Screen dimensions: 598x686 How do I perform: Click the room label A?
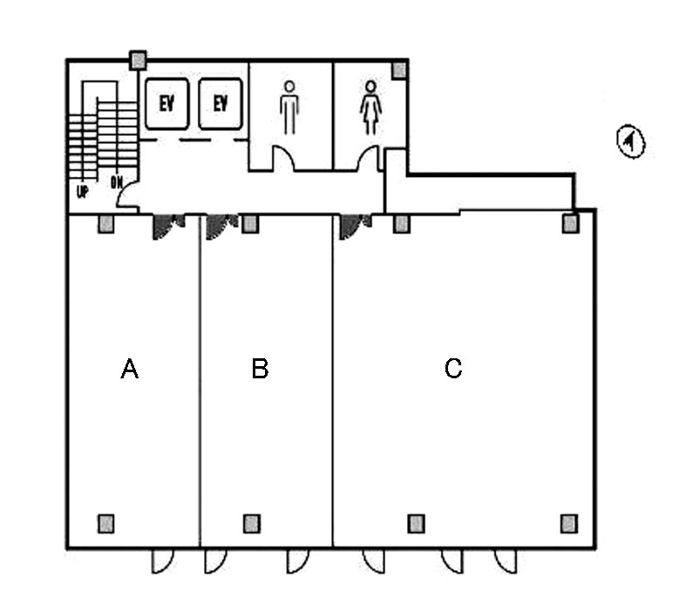[129, 370]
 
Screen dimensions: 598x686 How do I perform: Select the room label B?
[260, 370]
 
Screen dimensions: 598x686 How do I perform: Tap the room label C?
[452, 370]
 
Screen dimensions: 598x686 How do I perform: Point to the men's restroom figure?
[289, 107]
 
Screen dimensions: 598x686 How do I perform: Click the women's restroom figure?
[371, 107]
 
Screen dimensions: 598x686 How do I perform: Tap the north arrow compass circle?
[630, 141]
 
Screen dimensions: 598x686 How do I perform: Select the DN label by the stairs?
[116, 183]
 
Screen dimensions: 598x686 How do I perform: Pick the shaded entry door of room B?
[218, 226]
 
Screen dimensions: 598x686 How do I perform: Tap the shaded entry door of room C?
[352, 226]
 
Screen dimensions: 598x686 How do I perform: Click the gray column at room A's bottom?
[105, 523]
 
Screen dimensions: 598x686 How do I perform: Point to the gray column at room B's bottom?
[251, 523]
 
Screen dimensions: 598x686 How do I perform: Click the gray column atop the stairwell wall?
[137, 60]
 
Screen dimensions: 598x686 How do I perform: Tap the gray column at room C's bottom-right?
[568, 523]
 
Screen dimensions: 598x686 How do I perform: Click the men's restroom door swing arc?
[284, 158]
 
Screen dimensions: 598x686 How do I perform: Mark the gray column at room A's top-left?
[105, 224]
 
